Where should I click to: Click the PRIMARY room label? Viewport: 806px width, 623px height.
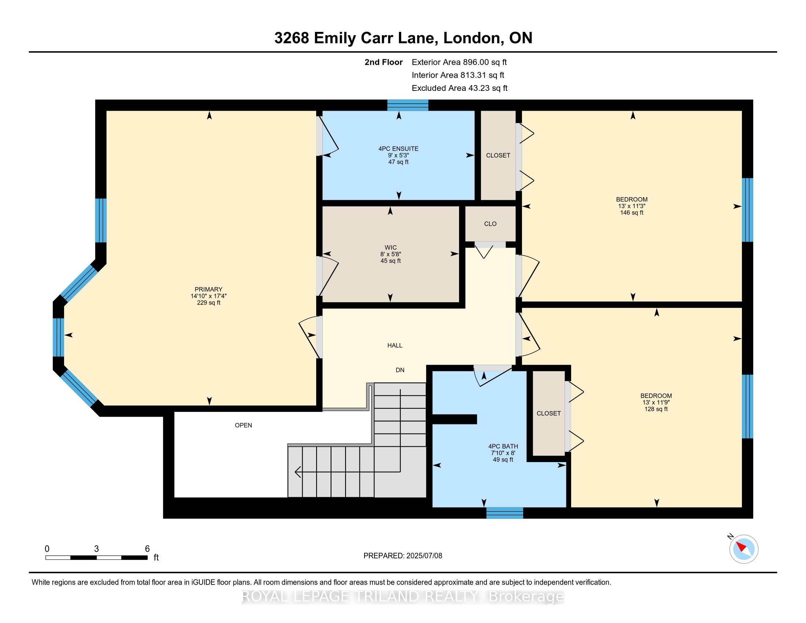(208, 290)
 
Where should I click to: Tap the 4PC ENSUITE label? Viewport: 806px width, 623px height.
(398, 149)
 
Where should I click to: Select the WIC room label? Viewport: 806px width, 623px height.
(391, 248)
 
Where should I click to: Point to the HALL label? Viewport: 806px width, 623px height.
(395, 346)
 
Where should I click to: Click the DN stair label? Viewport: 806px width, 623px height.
(400, 370)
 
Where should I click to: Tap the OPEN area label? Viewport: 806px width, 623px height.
(243, 425)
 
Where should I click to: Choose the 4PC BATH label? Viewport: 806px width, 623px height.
(503, 446)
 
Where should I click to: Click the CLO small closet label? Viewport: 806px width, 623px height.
(490, 224)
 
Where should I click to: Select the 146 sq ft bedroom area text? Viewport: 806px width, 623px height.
(632, 213)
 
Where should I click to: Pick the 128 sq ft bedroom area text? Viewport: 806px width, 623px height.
(656, 409)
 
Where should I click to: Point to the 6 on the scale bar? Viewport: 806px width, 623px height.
(147, 549)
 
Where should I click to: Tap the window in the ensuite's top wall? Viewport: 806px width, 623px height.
(407, 105)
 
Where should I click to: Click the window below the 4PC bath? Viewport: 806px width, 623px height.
(504, 513)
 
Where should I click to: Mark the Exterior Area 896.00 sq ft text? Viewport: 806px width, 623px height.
(459, 62)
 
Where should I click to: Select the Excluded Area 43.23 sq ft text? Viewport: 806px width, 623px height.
(459, 88)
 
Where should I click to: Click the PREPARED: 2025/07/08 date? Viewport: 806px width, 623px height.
(403, 556)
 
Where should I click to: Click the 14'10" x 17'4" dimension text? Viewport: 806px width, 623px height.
(208, 296)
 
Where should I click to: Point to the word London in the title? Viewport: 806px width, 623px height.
(473, 38)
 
